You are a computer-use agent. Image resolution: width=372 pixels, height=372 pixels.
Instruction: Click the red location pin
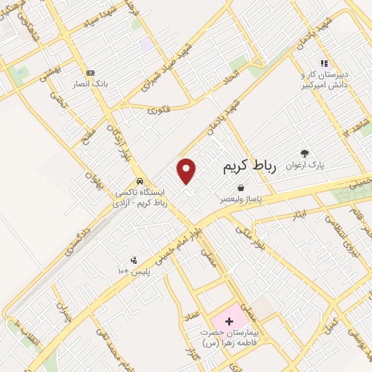[187, 171]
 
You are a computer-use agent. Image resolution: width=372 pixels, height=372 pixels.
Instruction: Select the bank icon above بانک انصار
[90, 73]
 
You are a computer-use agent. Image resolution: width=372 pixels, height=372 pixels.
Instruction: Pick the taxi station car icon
[139, 182]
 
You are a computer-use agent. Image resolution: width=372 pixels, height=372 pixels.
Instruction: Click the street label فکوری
[158, 109]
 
